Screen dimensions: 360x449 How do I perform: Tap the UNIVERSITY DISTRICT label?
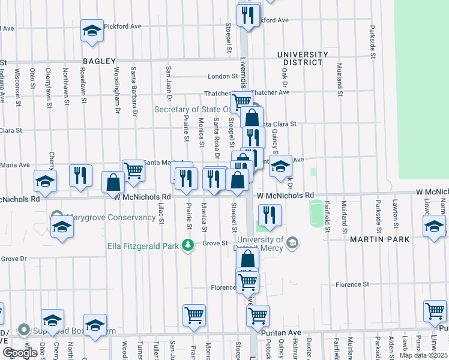(303, 58)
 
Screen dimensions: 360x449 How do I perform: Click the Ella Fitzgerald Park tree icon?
(188, 245)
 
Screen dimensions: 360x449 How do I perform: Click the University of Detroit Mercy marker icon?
(292, 243)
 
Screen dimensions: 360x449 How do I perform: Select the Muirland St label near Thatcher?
(340, 80)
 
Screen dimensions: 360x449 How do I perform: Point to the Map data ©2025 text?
(423, 355)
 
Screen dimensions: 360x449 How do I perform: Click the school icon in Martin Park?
(434, 227)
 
